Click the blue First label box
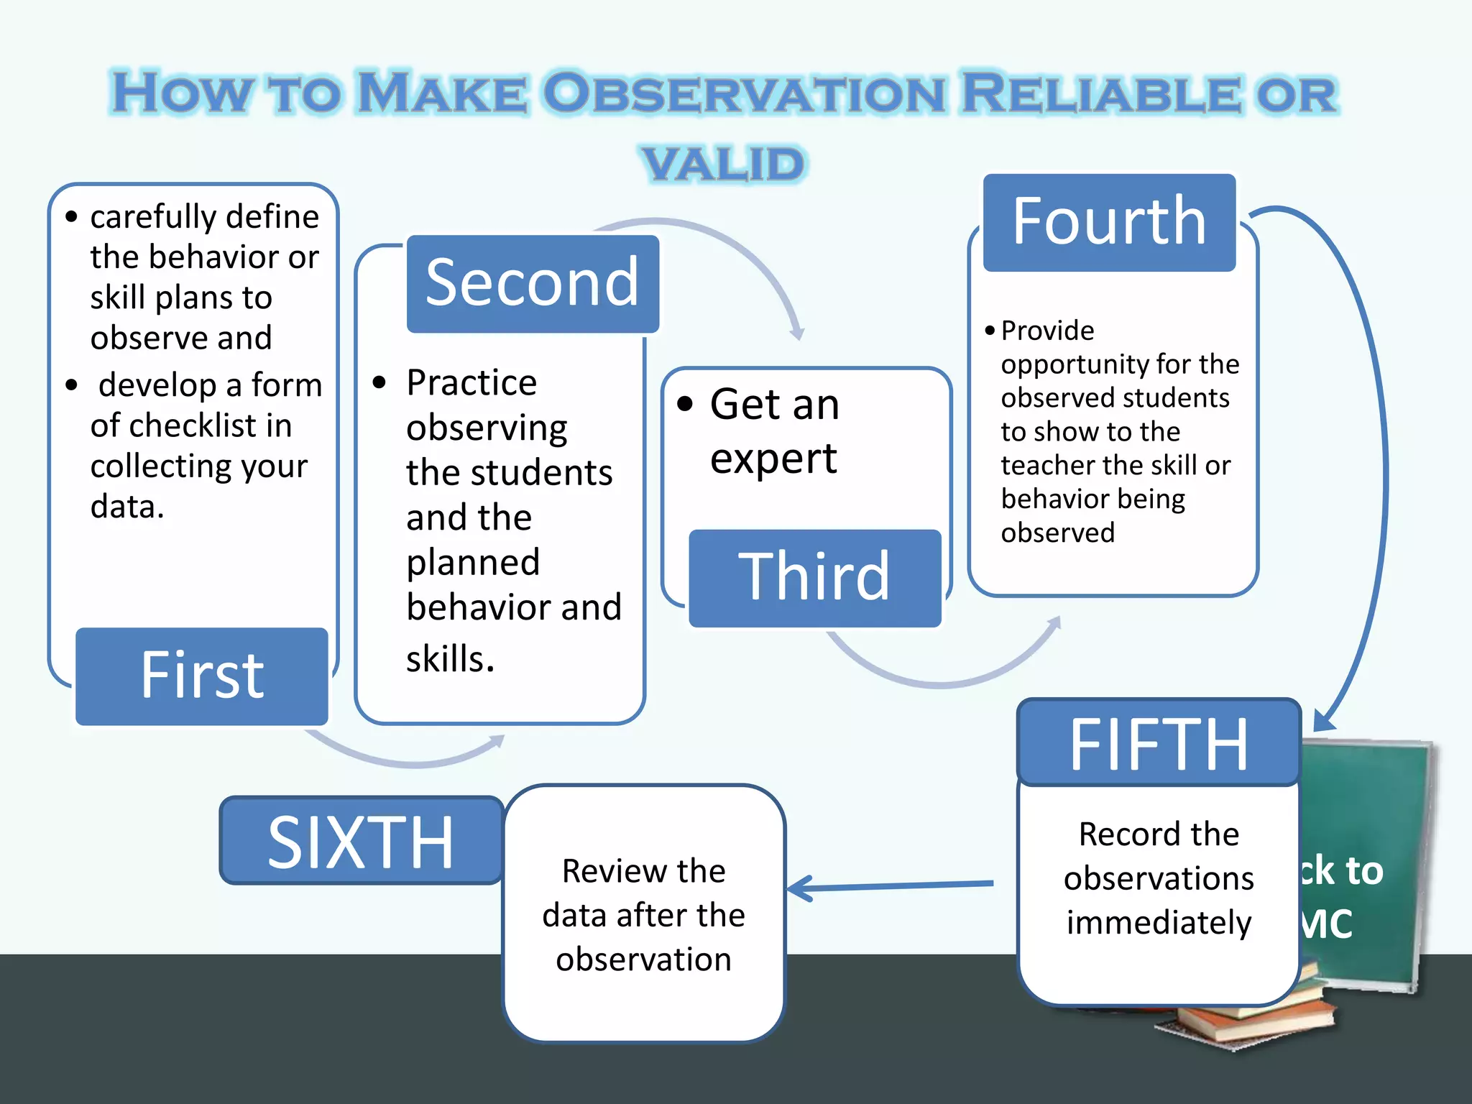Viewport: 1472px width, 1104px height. point(201,676)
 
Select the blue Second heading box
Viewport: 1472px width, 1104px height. point(533,284)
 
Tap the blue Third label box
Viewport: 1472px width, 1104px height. point(814,578)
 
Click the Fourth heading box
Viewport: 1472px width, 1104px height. point(1109,222)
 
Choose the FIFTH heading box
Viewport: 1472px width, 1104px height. point(1159,743)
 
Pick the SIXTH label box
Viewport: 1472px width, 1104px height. point(361,840)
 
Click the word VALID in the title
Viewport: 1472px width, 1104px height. point(724,164)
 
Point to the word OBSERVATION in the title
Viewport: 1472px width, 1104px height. point(744,94)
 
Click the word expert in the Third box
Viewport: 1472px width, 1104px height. point(773,459)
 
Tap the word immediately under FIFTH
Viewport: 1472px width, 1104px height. point(1159,923)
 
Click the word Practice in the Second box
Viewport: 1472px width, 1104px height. point(471,382)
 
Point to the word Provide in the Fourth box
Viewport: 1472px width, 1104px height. point(1047,331)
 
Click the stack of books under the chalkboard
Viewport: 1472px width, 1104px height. point(1251,1021)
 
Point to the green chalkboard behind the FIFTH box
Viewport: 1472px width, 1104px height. point(1366,805)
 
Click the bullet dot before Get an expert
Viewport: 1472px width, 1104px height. point(685,404)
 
